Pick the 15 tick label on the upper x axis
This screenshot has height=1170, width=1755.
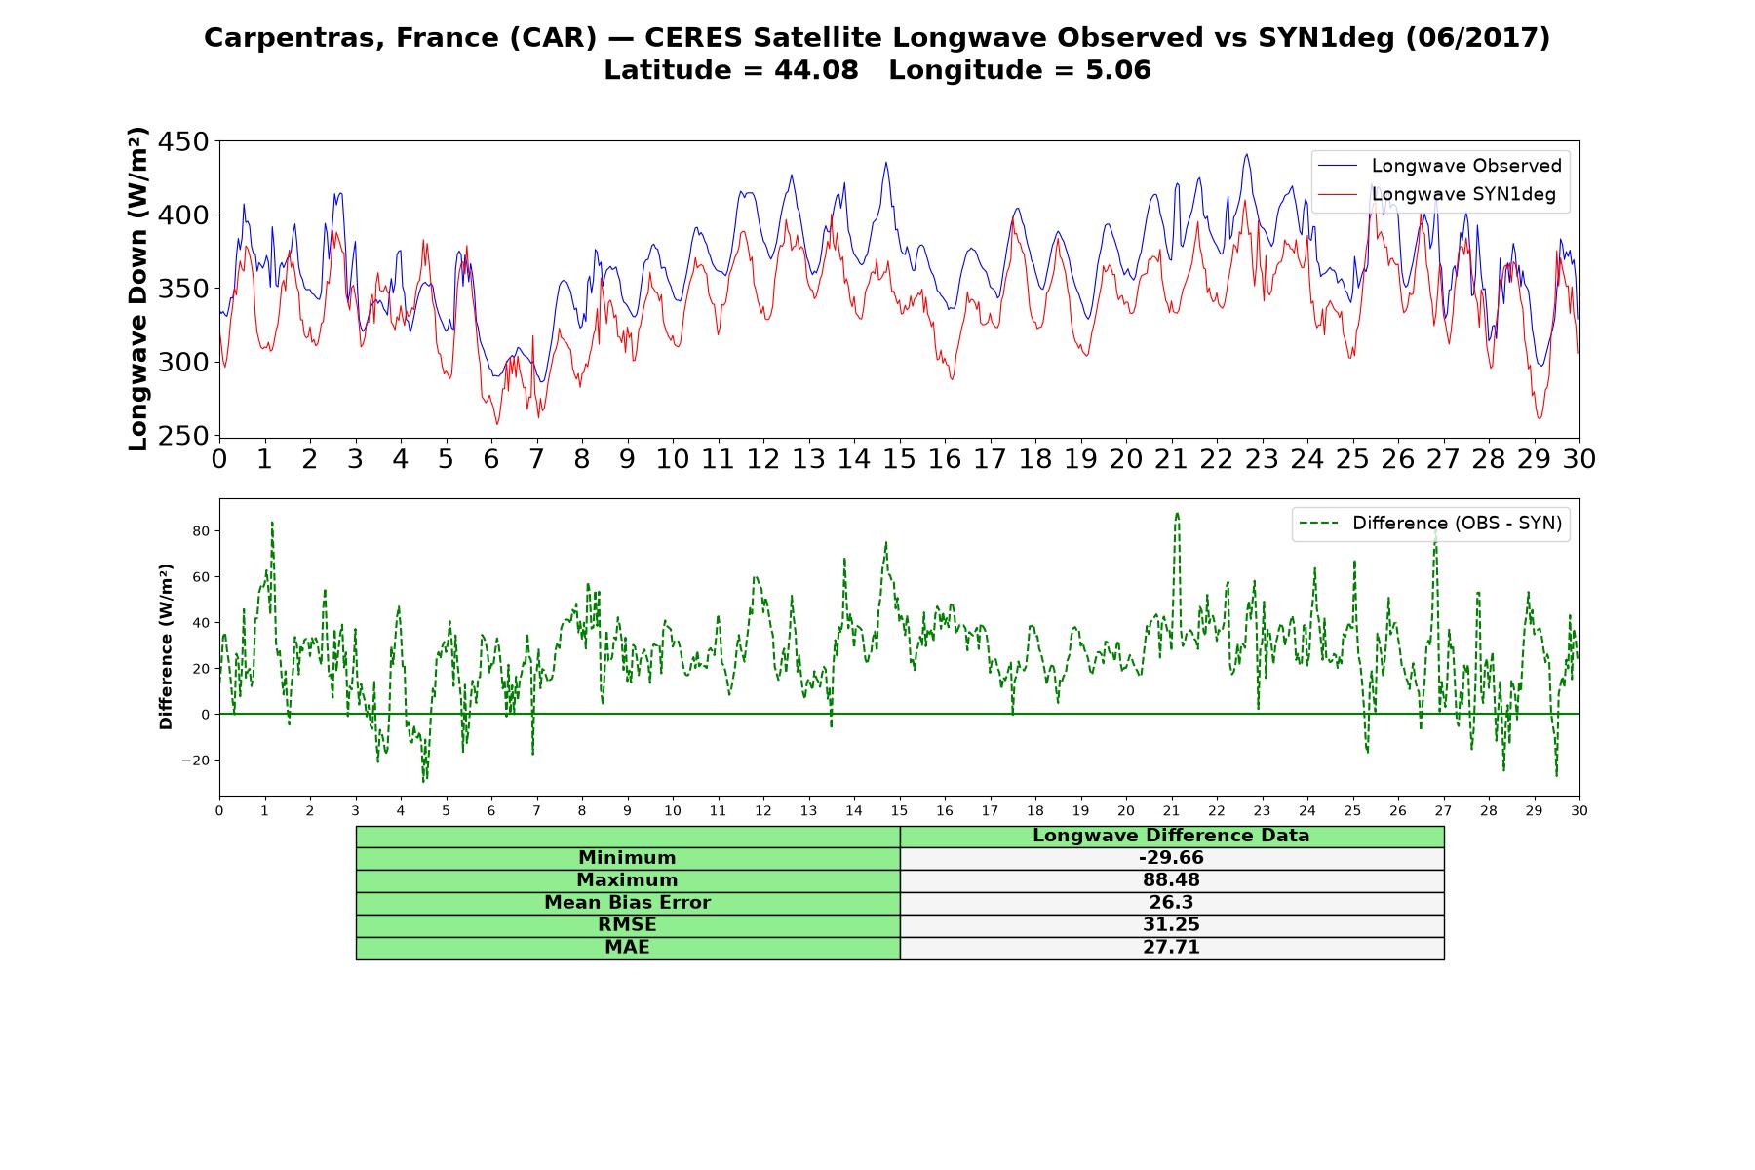pyautogui.click(x=899, y=459)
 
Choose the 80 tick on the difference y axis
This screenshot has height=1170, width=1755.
pyautogui.click(x=202, y=531)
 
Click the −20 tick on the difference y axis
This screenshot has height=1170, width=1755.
pyautogui.click(x=197, y=760)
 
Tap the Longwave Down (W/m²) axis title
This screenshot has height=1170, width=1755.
pyautogui.click(x=137, y=289)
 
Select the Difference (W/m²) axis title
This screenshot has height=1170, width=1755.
pyautogui.click(x=167, y=646)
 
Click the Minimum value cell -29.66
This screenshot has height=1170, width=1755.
pyautogui.click(x=1171, y=858)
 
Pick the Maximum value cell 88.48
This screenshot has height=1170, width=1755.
pyautogui.click(x=1171, y=880)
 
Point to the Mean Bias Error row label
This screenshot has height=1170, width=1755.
pyautogui.click(x=627, y=903)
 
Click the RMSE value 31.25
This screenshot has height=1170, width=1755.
pyautogui.click(x=1171, y=925)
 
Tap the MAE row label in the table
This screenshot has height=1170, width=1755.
pyautogui.click(x=627, y=948)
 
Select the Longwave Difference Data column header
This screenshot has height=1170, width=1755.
pyautogui.click(x=1171, y=836)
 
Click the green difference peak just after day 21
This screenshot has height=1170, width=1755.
pyautogui.click(x=1177, y=514)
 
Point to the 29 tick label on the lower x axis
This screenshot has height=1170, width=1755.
pyautogui.click(x=1534, y=810)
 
